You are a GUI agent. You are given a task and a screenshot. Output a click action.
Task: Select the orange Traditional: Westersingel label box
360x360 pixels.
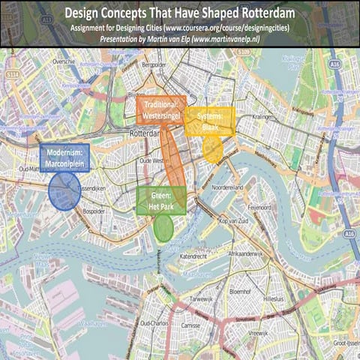(x=161, y=110)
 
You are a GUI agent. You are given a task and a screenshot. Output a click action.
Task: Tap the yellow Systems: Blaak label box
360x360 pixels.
(x=210, y=122)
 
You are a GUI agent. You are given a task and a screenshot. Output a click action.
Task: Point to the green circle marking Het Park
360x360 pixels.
(x=163, y=227)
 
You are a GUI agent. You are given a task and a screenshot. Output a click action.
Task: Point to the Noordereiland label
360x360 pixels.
(x=229, y=187)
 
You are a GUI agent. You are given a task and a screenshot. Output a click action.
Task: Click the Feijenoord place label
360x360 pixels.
(x=259, y=205)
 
